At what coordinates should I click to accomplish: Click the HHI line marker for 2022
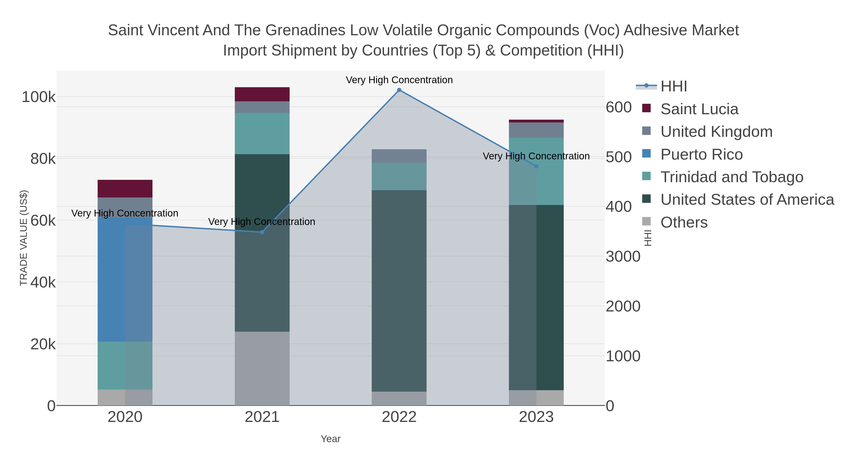[x=399, y=90]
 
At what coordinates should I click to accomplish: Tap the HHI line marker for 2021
[x=262, y=232]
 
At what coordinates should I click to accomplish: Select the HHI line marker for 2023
[x=536, y=167]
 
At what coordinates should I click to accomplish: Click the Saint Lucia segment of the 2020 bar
[x=125, y=189]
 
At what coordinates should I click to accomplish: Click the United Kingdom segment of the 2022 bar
[x=399, y=156]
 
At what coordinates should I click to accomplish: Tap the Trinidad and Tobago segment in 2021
[x=262, y=133]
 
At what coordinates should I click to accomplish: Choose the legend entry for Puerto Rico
[x=701, y=154]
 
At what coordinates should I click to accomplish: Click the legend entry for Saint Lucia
[x=699, y=109]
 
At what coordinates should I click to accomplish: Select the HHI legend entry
[x=673, y=87]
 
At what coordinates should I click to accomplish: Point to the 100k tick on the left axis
[x=39, y=97]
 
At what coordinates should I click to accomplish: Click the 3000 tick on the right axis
[x=623, y=256]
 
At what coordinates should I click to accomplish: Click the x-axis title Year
[x=331, y=439]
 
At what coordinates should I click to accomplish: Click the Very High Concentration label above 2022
[x=399, y=80]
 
